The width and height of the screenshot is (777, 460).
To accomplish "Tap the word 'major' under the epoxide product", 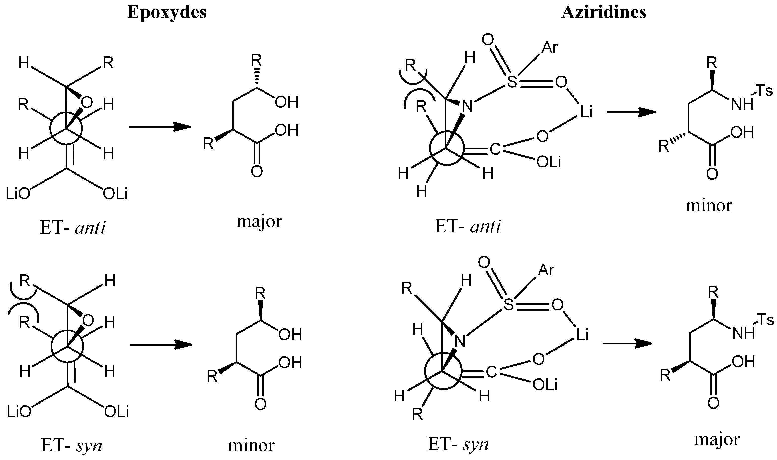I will (x=259, y=222).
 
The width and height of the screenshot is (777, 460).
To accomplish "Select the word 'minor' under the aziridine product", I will (x=709, y=205).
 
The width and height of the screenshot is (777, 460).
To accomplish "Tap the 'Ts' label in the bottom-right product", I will (x=765, y=320).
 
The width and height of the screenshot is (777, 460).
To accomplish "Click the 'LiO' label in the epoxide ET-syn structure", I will (x=19, y=412).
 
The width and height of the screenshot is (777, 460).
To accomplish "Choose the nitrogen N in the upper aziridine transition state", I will (x=467, y=106).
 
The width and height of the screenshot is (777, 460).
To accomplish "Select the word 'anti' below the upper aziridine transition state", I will (x=485, y=226).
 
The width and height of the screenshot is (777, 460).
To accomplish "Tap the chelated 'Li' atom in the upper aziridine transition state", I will (x=585, y=112).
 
